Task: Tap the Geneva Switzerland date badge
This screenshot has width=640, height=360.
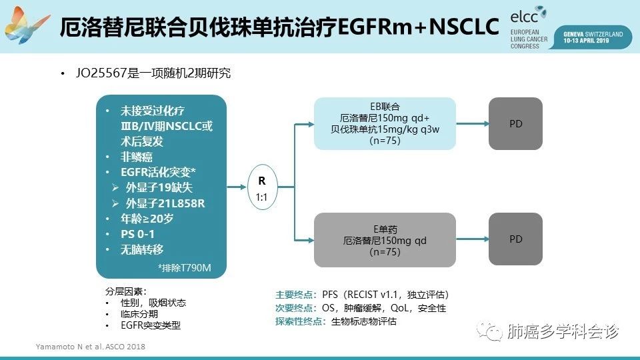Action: tap(592, 37)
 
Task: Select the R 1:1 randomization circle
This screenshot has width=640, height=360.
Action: tap(261, 189)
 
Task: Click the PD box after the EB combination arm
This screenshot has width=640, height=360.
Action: tap(515, 123)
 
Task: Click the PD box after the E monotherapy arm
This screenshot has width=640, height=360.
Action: tap(515, 239)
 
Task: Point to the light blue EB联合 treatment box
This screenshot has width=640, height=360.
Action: tap(385, 123)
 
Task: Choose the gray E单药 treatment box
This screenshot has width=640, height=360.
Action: tap(385, 239)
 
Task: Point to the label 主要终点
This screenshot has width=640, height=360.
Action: tap(296, 294)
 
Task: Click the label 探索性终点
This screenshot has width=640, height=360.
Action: tap(300, 321)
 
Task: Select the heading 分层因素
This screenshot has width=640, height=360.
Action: tap(125, 291)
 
